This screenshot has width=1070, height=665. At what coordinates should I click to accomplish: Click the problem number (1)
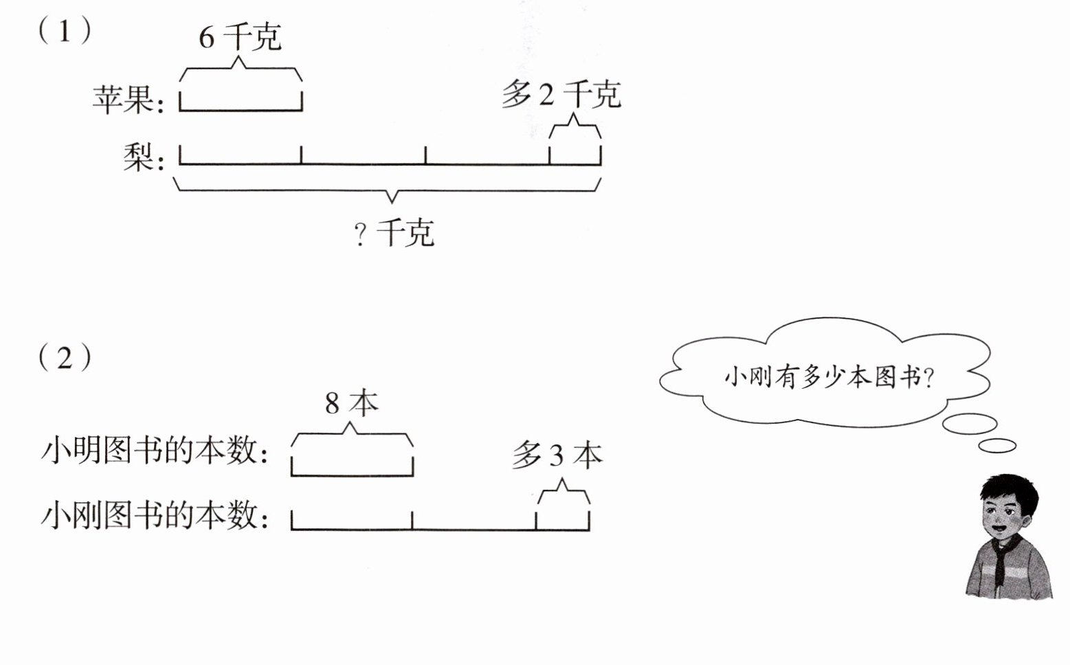click(x=65, y=31)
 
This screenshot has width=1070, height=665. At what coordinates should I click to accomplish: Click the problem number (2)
click(x=65, y=358)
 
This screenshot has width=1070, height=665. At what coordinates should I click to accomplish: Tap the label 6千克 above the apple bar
click(x=240, y=36)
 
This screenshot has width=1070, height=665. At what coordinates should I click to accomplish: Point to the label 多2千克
click(x=561, y=94)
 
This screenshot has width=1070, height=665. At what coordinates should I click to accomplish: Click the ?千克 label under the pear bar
click(x=394, y=233)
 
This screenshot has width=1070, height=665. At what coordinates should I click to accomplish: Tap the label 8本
click(x=351, y=403)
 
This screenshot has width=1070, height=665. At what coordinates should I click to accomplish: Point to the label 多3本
click(x=557, y=455)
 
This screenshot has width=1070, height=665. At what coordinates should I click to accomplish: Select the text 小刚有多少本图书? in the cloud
click(x=829, y=377)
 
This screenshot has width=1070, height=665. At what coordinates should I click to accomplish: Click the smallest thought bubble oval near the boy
click(x=996, y=446)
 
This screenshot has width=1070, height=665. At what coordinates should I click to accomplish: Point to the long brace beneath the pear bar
click(x=390, y=190)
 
